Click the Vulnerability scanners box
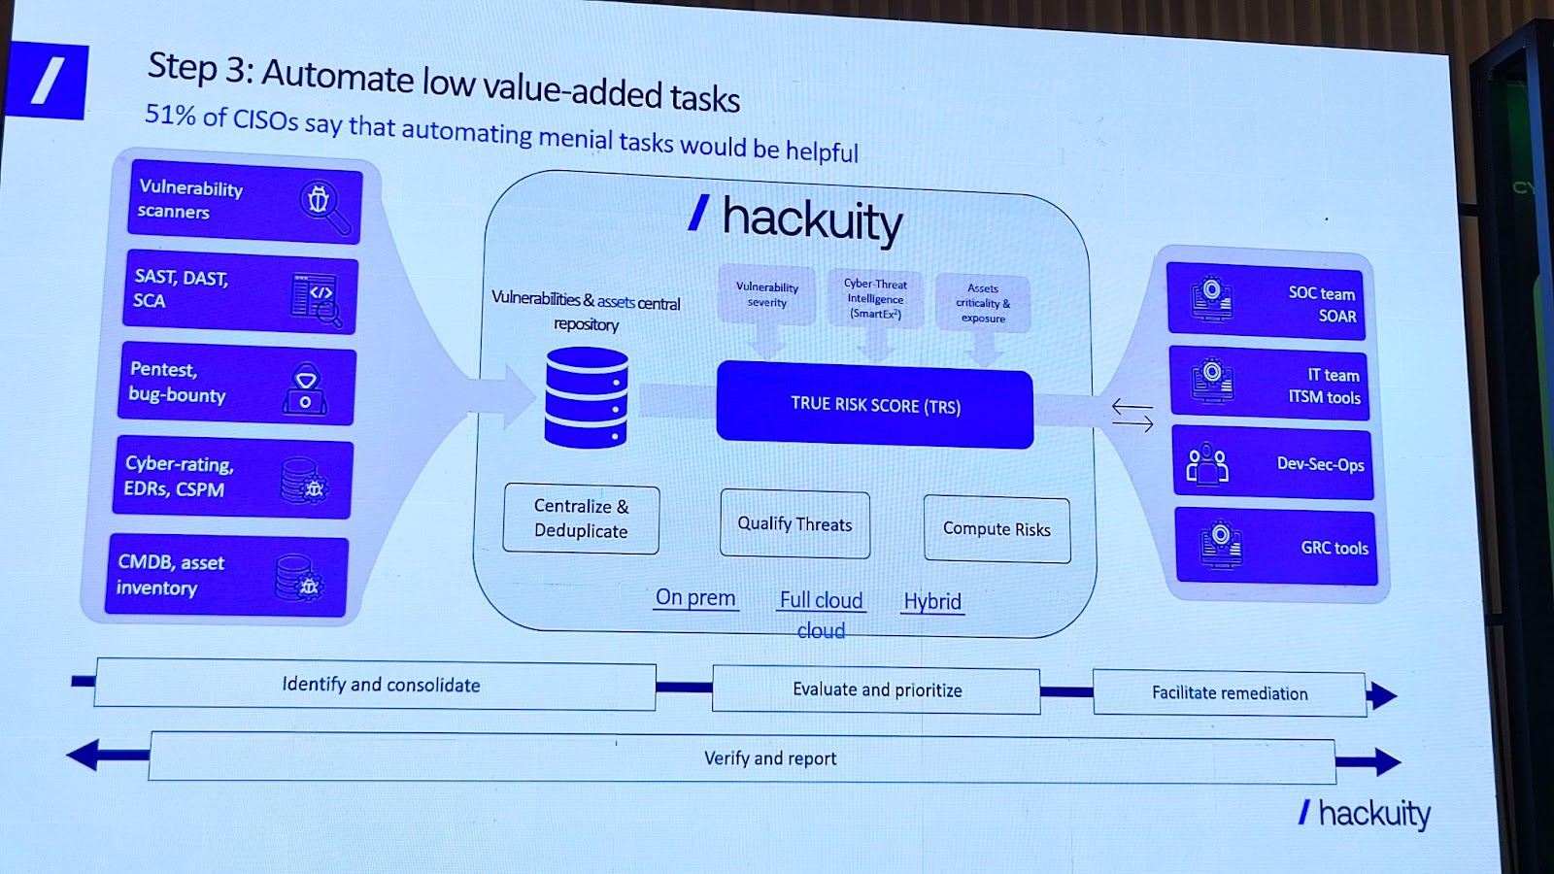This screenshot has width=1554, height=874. (245, 202)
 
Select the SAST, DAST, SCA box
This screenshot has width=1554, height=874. (240, 292)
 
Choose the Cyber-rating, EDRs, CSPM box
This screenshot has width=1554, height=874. (233, 477)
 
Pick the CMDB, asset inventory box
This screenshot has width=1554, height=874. (227, 575)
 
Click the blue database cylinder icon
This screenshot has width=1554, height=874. (587, 397)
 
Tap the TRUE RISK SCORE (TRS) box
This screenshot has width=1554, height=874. (875, 405)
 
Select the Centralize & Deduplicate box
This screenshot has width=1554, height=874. (582, 519)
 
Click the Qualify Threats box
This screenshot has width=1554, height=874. (795, 523)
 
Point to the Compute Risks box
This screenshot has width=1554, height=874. (997, 528)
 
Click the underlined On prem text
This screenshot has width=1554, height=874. (695, 598)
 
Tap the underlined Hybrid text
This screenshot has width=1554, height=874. (932, 601)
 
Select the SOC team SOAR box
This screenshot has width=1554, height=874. (1267, 302)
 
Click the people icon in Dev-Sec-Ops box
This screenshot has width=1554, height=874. (1207, 463)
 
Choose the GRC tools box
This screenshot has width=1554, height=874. (1276, 547)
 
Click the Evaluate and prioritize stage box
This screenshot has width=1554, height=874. (876, 689)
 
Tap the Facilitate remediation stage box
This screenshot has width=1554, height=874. (1230, 693)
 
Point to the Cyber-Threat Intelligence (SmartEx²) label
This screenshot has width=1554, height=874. (875, 299)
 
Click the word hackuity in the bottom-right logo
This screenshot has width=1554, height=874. (1374, 814)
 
